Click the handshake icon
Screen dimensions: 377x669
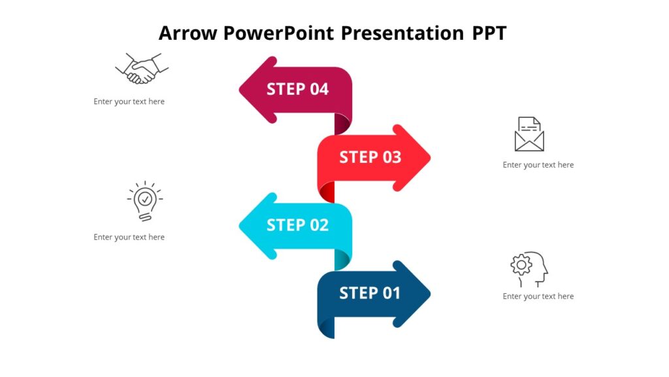point(142,69)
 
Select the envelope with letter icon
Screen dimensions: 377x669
point(529,134)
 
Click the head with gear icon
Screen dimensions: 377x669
point(529,269)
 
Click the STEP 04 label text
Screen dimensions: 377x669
point(297,89)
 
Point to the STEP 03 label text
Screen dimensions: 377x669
point(370,157)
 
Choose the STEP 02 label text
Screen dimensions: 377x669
point(297,225)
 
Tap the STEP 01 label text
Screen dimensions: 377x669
point(370,293)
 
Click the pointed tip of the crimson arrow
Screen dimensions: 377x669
point(242,90)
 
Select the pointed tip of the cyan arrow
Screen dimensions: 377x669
point(242,226)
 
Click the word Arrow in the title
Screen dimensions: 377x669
point(188,33)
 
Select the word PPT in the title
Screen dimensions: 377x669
point(489,33)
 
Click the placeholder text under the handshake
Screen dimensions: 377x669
point(129,101)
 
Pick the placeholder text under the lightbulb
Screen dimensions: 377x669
point(129,237)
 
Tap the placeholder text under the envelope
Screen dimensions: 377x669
point(538,165)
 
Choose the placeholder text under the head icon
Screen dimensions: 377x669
point(538,296)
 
